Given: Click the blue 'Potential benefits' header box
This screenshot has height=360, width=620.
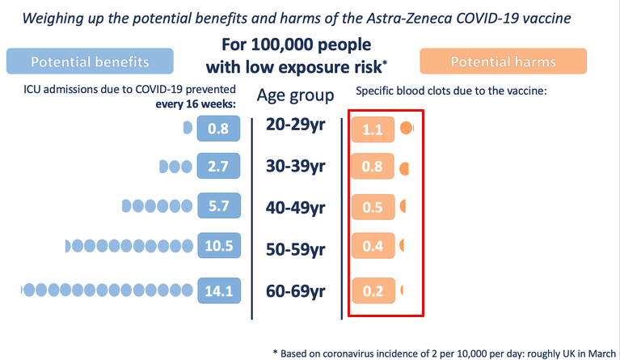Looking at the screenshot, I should pos(90,61).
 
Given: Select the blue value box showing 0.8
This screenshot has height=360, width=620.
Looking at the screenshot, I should pos(217,128).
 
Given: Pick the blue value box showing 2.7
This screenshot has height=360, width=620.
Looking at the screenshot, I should pos(217,167).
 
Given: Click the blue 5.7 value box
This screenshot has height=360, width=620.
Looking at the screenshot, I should pos(217,206).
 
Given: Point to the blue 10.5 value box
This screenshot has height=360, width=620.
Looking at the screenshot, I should pos(217,246).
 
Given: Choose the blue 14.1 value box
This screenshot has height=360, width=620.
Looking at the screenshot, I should pos(217,289).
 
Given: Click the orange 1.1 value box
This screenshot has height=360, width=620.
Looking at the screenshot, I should pos(372,129).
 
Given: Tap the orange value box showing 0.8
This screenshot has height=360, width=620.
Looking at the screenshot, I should pos(372,168).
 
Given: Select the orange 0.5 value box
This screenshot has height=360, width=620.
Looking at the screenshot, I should pos(372,208).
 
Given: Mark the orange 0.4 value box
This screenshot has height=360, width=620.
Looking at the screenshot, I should pos(372,247).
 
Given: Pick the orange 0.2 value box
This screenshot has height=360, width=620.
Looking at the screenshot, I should pos(372,290).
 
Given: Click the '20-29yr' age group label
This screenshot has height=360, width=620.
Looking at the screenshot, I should pos(296,127).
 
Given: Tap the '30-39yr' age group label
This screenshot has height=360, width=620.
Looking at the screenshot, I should pos(296,167).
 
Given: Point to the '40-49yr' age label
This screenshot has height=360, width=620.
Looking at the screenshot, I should pos(296,208).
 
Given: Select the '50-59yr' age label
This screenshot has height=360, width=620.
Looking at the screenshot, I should pos(296,247).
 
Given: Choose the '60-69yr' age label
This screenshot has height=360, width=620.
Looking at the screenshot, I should pos(296,290).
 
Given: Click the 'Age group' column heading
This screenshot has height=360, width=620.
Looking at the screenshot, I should pos(295,95).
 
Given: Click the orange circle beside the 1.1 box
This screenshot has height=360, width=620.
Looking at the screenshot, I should pos(407,128).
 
